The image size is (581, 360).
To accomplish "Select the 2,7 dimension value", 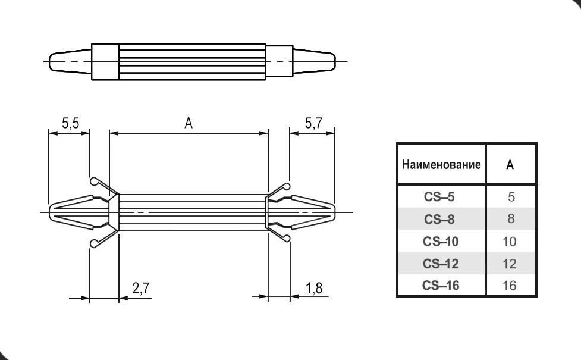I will tap(141, 289).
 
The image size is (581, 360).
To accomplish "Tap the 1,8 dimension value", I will tap(315, 289).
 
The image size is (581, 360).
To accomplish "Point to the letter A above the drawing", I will tap(189, 123).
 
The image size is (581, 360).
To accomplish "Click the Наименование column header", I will tap(441, 165).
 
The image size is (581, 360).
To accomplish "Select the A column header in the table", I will tap(510, 165).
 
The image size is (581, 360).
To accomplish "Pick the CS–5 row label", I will tap(441, 197).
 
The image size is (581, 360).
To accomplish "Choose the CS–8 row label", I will tap(441, 219).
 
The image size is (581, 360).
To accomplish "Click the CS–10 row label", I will tap(441, 242).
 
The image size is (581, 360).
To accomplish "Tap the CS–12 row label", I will tap(441, 264).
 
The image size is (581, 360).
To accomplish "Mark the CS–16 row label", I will tap(441, 286).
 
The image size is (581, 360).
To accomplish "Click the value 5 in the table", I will tap(510, 197).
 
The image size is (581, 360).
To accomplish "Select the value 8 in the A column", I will tap(510, 219).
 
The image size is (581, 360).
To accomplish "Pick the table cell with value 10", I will tap(510, 242).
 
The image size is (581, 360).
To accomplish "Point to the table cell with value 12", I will tap(510, 264).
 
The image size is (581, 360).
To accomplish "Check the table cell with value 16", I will tap(510, 286).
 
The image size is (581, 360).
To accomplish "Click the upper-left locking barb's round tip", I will tap(93, 181).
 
